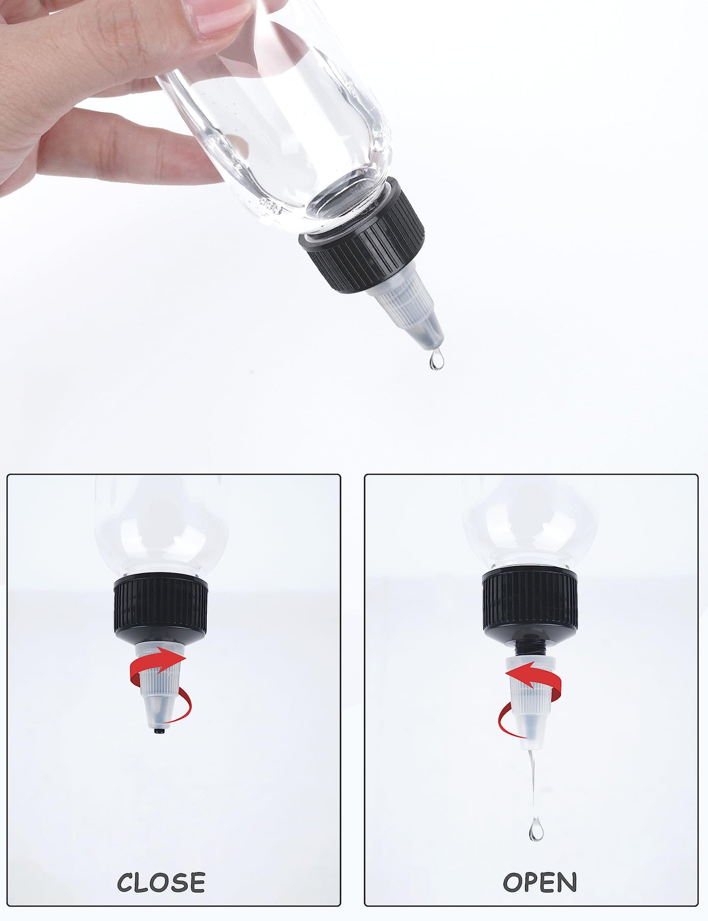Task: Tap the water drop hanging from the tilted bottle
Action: click(436, 361)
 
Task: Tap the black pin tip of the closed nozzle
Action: click(159, 731)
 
